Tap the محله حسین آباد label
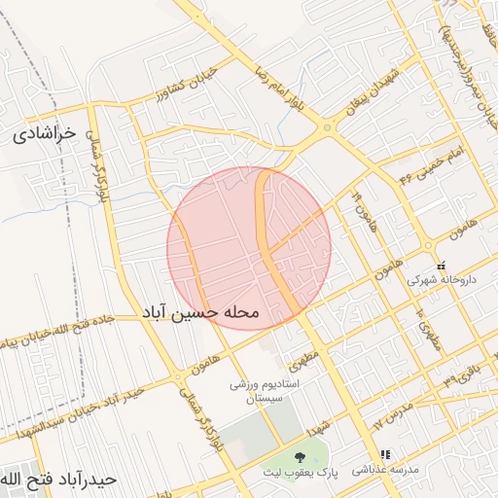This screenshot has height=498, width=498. pyautogui.click(x=201, y=312)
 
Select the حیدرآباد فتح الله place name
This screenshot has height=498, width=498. pyautogui.click(x=58, y=480)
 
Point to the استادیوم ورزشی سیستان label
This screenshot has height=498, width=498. pyautogui.click(x=260, y=392)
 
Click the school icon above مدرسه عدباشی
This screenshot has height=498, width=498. pyautogui.click(x=386, y=454)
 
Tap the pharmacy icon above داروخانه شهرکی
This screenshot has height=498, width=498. pyautogui.click(x=441, y=265)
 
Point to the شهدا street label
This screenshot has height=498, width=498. pyautogui.click(x=317, y=428)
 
